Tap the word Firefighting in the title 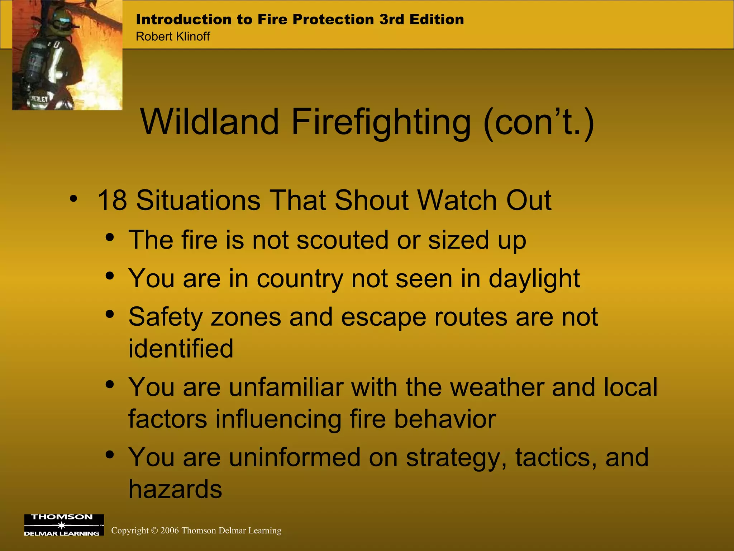(x=381, y=123)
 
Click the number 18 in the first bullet (x=112, y=200)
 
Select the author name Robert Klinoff (x=173, y=37)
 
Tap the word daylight (x=534, y=279)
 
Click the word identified (x=181, y=349)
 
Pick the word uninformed (x=294, y=457)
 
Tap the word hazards (x=175, y=489)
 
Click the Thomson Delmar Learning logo (x=64, y=525)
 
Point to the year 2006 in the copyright (x=170, y=531)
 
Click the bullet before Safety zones (x=110, y=314)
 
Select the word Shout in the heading (x=373, y=200)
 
